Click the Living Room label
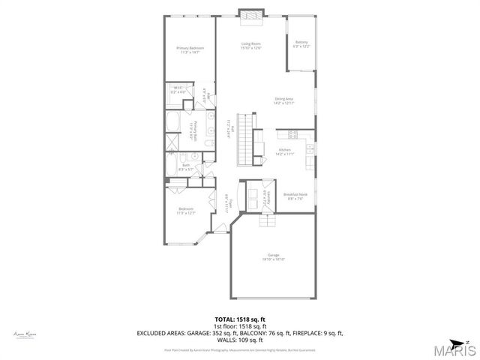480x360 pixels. coord(250,46)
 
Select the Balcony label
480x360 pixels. coord(301,44)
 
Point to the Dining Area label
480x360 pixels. coord(284,101)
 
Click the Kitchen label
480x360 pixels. coord(284,152)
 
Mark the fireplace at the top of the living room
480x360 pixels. coord(250,13)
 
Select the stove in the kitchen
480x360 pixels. coord(293,134)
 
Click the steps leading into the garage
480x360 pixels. coord(268,219)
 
